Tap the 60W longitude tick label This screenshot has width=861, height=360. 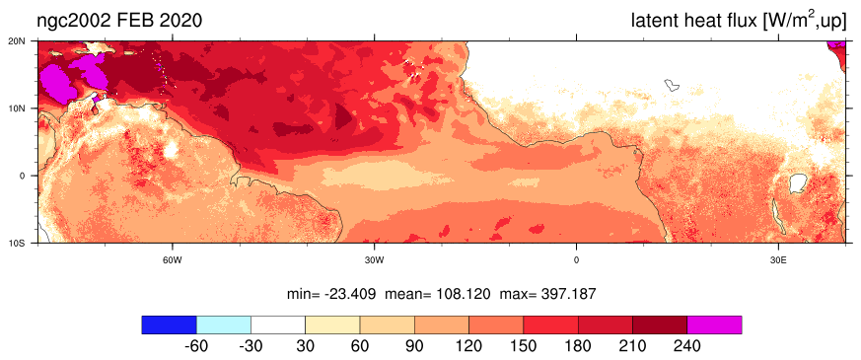pyautogui.click(x=173, y=260)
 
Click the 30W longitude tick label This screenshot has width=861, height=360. pyautogui.click(x=375, y=260)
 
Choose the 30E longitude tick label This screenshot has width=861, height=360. pyautogui.click(x=777, y=260)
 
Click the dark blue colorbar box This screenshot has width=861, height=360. pyautogui.click(x=169, y=324)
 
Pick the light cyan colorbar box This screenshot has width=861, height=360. pyautogui.click(x=224, y=324)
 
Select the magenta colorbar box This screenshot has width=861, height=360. pyautogui.click(x=714, y=324)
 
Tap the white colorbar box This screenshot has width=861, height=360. pyautogui.click(x=278, y=324)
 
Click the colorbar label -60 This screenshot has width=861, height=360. pyautogui.click(x=195, y=347)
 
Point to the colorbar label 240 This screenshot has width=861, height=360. pyautogui.click(x=687, y=347)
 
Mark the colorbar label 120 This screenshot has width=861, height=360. pyautogui.click(x=468, y=347)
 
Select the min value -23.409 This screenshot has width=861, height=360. pyautogui.click(x=348, y=295)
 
